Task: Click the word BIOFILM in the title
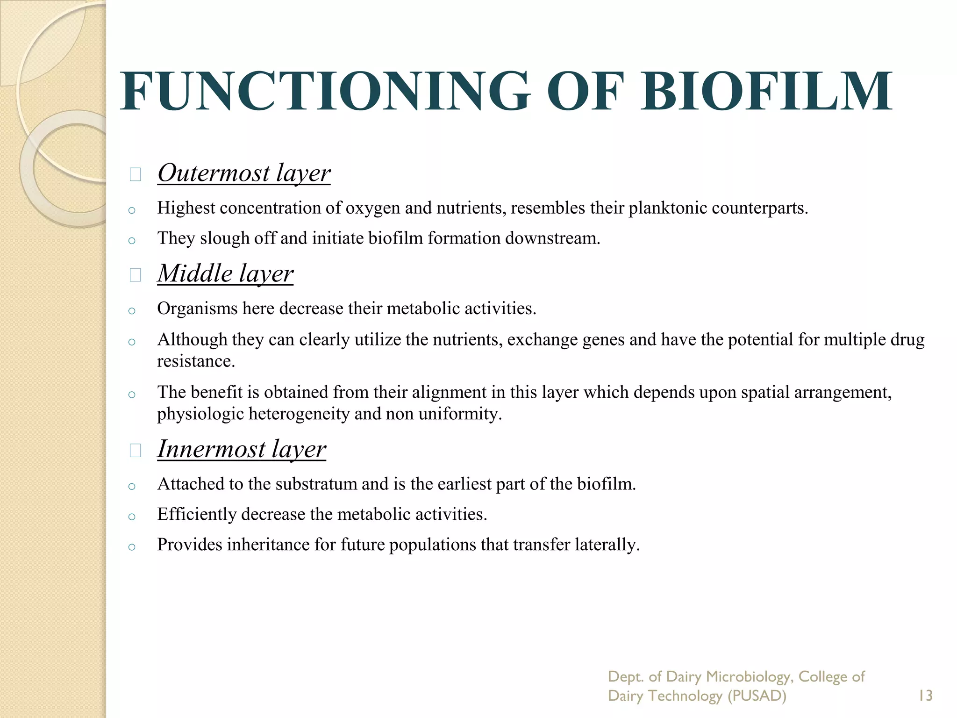tap(766, 91)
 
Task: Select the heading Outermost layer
tap(244, 173)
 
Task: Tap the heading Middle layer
tap(225, 273)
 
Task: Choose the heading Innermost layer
tap(242, 449)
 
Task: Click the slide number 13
tap(925, 696)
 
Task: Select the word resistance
tap(195, 361)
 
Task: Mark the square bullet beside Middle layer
tap(136, 275)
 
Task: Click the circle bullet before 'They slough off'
tap(132, 241)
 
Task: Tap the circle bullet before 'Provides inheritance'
tap(132, 547)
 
